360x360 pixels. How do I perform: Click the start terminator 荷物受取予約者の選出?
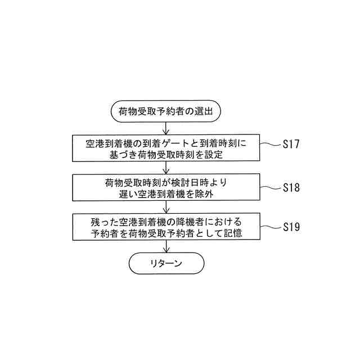(x=166, y=111)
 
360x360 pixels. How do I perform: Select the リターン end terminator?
(x=166, y=263)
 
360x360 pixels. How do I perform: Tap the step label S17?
(x=291, y=145)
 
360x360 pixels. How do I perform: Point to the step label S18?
(x=291, y=188)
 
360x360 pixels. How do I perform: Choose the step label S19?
(x=291, y=228)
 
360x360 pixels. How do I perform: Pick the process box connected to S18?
(x=166, y=188)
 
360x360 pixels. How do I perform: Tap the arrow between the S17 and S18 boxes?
(x=166, y=168)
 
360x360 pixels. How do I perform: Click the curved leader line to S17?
(x=270, y=144)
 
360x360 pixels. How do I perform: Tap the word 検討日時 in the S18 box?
(x=198, y=183)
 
